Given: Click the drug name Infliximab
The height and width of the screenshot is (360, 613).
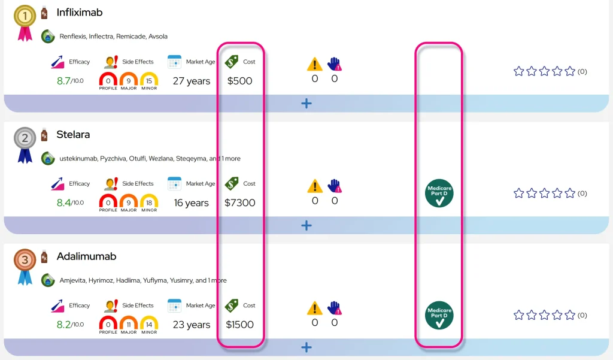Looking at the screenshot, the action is [80, 13].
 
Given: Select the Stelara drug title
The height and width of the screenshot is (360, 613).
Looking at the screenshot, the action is [73, 135].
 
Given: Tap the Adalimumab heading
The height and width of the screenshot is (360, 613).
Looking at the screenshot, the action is [86, 256].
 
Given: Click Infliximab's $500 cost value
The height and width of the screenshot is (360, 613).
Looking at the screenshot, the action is [239, 81].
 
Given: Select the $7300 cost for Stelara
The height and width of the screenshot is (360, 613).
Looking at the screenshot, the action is [239, 202].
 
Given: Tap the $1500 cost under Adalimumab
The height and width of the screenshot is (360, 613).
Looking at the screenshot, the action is [239, 325].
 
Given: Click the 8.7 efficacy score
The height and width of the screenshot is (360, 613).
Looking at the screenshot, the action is [63, 81].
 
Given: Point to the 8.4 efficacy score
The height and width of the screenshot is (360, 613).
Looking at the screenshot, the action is [63, 202].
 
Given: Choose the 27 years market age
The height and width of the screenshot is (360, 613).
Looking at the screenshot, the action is [192, 81].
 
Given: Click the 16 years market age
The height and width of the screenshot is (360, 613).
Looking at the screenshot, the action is [192, 202].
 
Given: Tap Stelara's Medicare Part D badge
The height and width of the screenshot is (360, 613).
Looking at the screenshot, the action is [439, 193].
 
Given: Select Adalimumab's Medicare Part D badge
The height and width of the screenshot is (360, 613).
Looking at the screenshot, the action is [439, 316].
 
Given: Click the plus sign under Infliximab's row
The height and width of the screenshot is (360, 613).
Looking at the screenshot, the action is [306, 103].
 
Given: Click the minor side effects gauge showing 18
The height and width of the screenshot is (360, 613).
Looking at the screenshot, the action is [149, 201].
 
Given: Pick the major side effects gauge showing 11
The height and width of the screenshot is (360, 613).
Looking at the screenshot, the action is [128, 323].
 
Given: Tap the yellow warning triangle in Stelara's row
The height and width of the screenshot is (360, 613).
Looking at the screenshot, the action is [315, 186].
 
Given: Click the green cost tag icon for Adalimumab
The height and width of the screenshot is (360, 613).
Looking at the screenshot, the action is [232, 305].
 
